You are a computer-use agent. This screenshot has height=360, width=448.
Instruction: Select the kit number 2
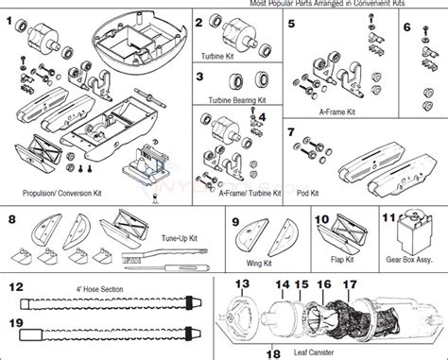[x=199, y=22]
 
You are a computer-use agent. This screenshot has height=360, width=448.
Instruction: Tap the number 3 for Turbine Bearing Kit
[x=199, y=77]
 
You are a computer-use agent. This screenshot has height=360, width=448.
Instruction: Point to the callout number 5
[x=289, y=22]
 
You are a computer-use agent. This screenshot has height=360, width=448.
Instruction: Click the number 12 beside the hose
[x=16, y=286]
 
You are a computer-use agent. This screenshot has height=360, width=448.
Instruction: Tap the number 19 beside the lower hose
[x=16, y=322]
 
